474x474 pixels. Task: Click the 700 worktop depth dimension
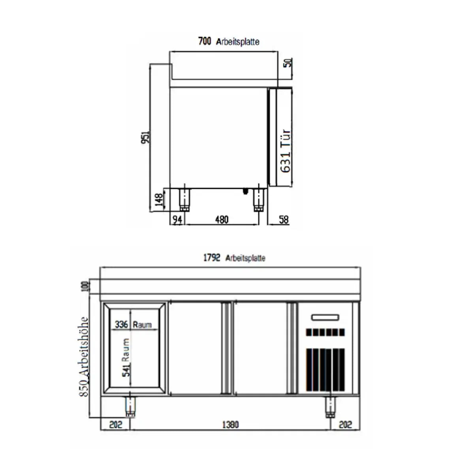pos(205,41)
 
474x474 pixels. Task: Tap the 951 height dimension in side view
pos(146,137)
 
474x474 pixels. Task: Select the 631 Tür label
pos(286,151)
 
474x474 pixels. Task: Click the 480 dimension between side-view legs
pos(222,220)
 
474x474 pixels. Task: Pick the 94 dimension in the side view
pos(178,220)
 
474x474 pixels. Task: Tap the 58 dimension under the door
pos(284,220)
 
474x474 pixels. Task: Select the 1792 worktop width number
pos(211,258)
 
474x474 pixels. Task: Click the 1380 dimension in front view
pos(230,425)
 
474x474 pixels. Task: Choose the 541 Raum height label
pos(126,357)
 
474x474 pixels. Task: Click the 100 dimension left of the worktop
pos(84,286)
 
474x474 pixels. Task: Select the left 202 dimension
pos(115,425)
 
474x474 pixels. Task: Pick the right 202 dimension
pos(345,425)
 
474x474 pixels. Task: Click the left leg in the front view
pos(130,406)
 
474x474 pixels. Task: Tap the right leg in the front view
pos(330,406)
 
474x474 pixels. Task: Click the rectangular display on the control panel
pos(325,317)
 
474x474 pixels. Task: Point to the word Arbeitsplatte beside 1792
pos(245,258)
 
